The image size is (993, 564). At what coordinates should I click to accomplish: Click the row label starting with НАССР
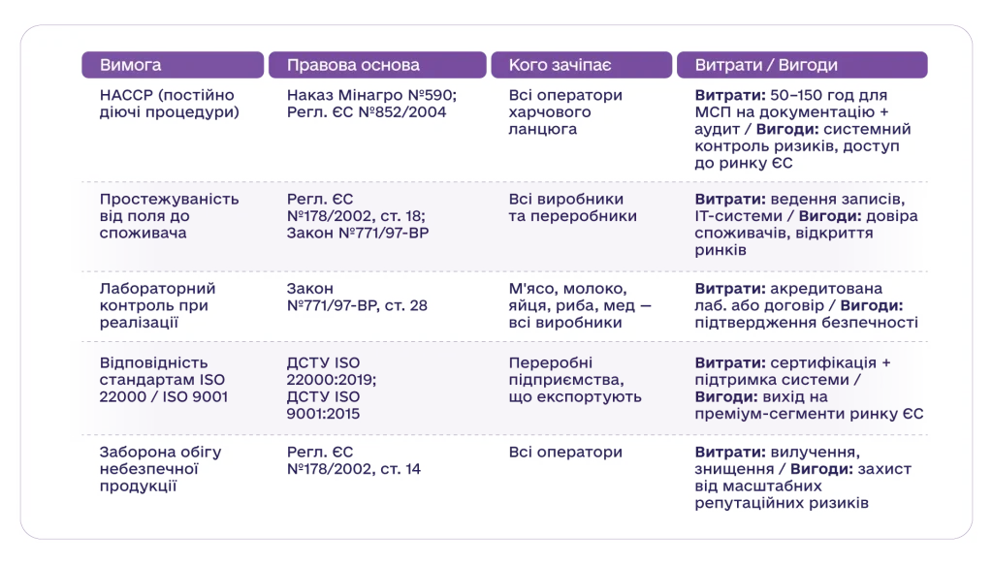point(169,104)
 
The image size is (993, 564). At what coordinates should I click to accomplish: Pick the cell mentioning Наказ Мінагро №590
point(371,104)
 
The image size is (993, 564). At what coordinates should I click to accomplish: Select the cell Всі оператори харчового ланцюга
point(565,112)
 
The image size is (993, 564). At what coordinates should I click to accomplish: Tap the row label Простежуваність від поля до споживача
point(169,216)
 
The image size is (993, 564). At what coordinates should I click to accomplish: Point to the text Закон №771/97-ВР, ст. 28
point(357,297)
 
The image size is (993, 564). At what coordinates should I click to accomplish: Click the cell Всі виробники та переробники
point(572,207)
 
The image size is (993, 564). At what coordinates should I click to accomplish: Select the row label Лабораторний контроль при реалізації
point(158,305)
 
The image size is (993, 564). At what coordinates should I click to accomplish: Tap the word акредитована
point(826,289)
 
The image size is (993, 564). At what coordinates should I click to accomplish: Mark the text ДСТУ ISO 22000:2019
point(332,371)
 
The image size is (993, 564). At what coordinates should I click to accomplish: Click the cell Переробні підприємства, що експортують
point(575,380)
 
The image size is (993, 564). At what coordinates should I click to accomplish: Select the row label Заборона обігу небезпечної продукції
point(160,469)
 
